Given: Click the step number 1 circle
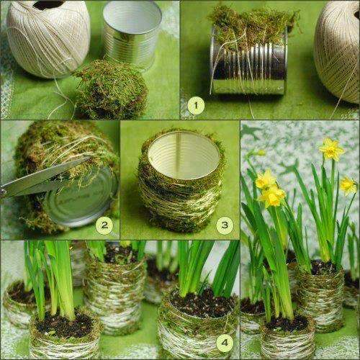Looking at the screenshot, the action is point(196,105).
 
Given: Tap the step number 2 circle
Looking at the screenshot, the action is point(104,225).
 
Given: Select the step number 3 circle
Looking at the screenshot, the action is point(225,225).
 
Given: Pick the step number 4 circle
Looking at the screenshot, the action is point(225,343).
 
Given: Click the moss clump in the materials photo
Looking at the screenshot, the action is point(110,90).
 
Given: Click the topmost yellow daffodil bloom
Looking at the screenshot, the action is point(332,149).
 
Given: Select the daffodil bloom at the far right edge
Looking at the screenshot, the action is point(348,185).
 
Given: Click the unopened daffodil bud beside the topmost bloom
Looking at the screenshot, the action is point(261,153).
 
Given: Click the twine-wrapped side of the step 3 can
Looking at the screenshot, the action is point(180,197).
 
